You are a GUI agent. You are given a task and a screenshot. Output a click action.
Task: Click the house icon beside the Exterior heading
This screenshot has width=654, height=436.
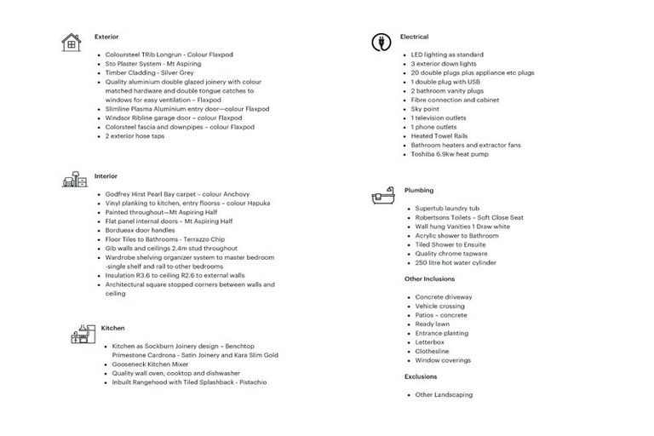tap(71, 42)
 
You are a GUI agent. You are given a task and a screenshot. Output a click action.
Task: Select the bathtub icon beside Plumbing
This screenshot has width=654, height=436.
tap(381, 196)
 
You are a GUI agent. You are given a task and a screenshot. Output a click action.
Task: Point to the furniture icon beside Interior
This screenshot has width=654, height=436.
tap(74, 180)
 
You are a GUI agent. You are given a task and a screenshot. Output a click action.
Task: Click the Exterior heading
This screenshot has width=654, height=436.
tap(106, 37)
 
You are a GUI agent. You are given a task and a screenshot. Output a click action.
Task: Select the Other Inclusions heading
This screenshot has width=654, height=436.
tap(429, 278)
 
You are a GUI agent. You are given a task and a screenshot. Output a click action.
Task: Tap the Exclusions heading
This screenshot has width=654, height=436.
tap(421, 376)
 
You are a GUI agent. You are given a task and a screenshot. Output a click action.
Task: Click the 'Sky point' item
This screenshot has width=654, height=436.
tap(426, 109)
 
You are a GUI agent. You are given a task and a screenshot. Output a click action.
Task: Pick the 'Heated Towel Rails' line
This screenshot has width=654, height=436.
tap(439, 136)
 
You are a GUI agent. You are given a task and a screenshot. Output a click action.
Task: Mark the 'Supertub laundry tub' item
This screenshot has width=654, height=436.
tap(447, 209)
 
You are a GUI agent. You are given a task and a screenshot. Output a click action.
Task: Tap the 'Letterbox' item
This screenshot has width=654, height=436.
tap(429, 342)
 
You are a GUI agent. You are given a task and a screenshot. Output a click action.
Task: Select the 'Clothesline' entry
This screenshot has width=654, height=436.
tap(432, 351)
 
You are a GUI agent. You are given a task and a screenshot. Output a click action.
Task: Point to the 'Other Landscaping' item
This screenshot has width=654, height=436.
tap(444, 395)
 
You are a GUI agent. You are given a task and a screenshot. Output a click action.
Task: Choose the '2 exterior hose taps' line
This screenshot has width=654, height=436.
tap(135, 136)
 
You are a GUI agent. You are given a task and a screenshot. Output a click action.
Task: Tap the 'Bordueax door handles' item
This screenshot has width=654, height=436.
tap(140, 230)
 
